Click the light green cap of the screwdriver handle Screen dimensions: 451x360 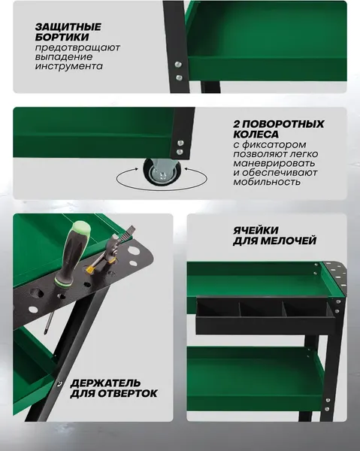click(80, 228)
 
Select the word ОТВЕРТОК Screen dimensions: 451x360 click(126, 393)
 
